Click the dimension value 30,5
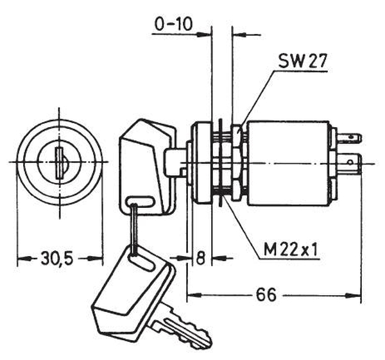pos(57,259)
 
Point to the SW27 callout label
pos(304,62)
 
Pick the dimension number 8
pos(200,259)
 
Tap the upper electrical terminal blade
pos(351,137)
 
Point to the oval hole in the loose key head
pos(142,260)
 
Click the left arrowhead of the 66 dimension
pos(191,296)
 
